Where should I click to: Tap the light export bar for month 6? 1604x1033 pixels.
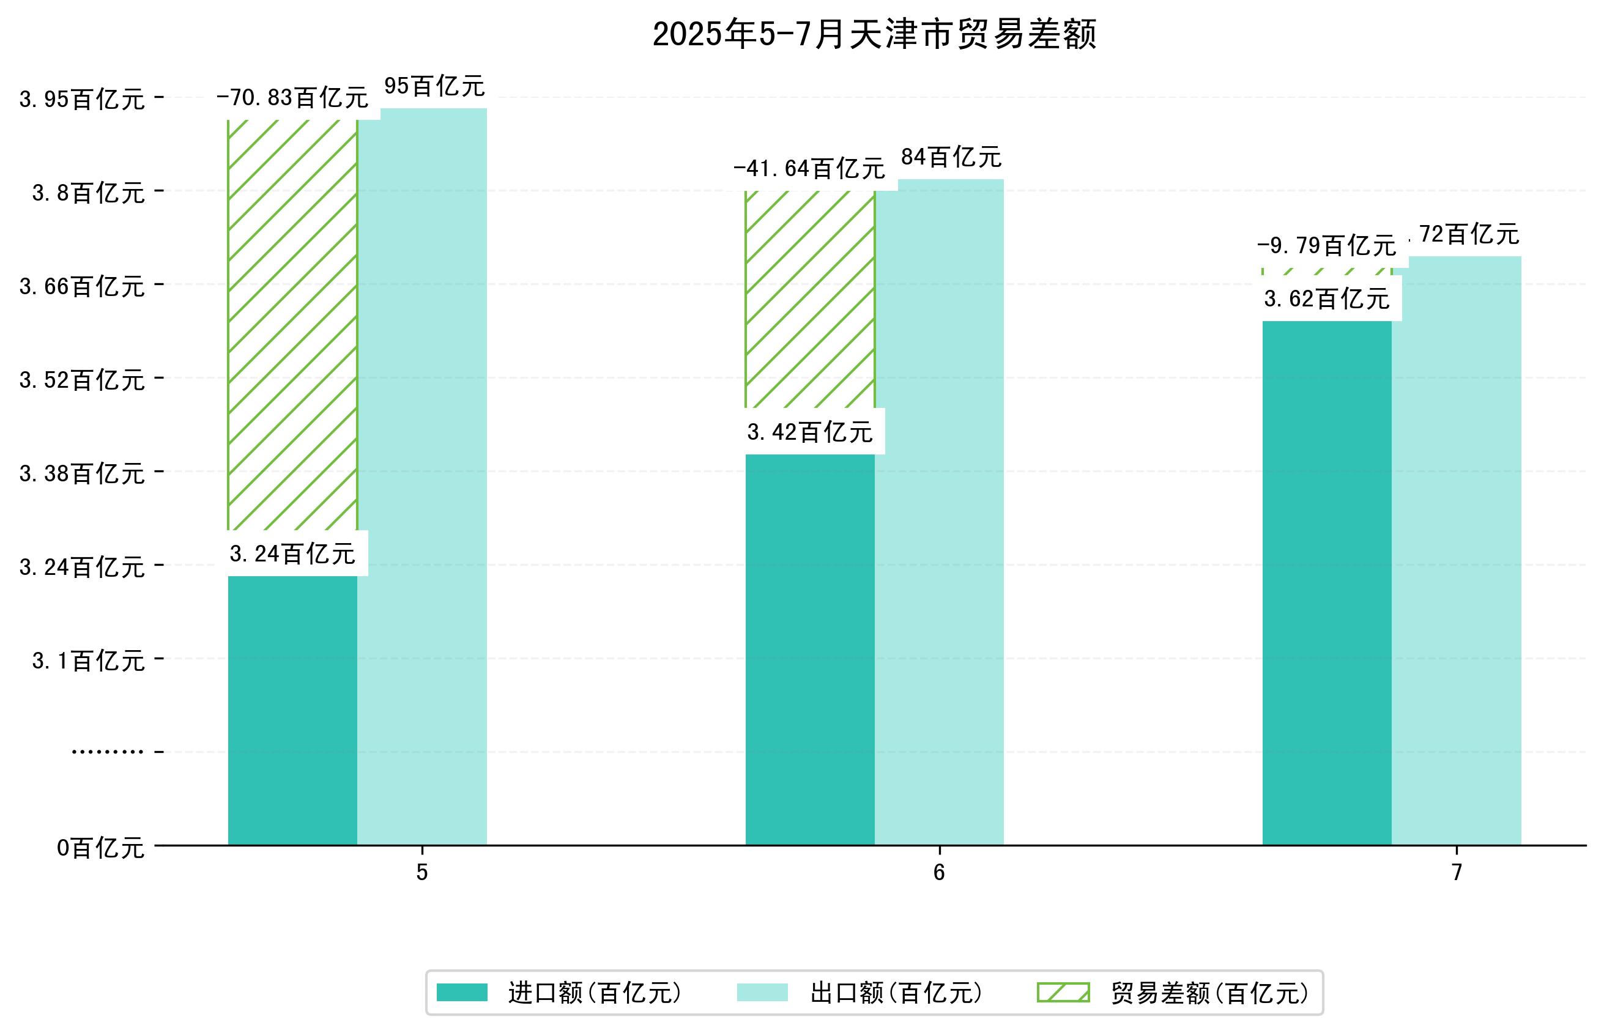point(938,510)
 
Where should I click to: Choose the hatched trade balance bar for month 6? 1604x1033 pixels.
point(809,298)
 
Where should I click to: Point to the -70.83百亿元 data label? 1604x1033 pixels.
point(292,98)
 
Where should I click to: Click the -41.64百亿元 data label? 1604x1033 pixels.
point(809,168)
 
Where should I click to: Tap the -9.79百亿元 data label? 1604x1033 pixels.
point(1326,245)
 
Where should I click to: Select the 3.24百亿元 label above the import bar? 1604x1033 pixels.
point(292,554)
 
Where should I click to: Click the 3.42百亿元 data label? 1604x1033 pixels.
point(809,432)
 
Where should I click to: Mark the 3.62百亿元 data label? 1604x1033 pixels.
point(1326,298)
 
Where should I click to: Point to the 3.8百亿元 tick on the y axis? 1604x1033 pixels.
point(88,193)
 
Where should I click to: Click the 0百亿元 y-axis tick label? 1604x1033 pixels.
point(100,847)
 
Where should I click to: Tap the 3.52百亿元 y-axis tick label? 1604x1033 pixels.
point(81,380)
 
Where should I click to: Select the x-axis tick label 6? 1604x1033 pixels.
point(938,872)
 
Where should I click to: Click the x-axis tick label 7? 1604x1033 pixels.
point(1456,872)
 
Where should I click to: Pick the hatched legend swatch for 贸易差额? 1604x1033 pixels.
point(1063,992)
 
